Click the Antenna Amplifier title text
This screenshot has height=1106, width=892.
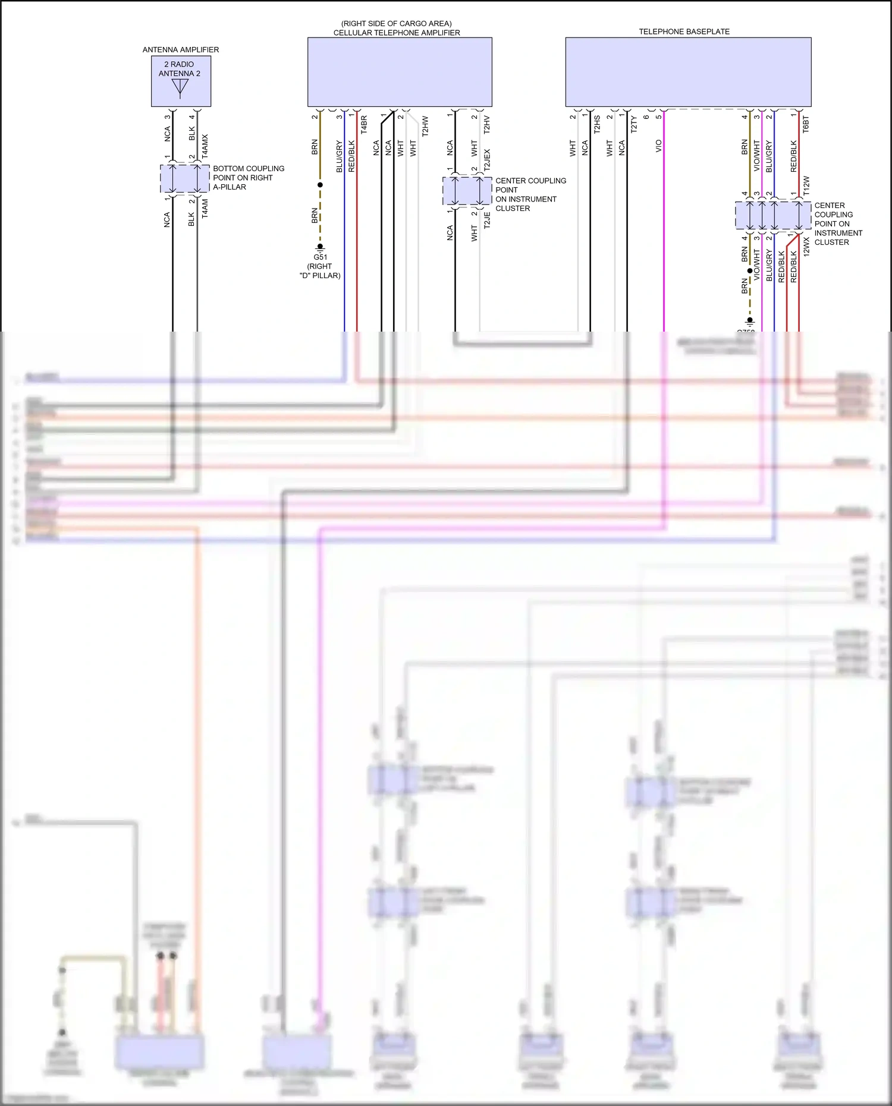click(x=180, y=49)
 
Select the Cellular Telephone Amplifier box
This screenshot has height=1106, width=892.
click(x=399, y=72)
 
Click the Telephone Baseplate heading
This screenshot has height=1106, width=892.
click(x=684, y=31)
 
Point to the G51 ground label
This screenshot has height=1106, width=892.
click(x=320, y=257)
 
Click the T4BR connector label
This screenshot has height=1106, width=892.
click(x=364, y=124)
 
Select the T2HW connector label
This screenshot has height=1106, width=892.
click(x=425, y=126)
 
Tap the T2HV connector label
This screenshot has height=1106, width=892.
click(x=486, y=125)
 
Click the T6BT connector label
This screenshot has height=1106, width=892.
click(x=806, y=125)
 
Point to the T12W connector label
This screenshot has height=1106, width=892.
click(x=806, y=185)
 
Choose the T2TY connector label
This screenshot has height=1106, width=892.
click(x=634, y=125)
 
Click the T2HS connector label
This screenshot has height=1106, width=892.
click(x=597, y=125)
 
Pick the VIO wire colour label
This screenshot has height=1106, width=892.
click(x=658, y=146)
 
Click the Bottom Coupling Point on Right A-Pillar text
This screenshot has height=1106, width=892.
click(x=248, y=178)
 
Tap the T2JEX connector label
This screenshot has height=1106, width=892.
click(x=487, y=160)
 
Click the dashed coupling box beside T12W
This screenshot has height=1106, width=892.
click(x=772, y=215)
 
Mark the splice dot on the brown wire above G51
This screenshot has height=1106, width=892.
click(x=320, y=185)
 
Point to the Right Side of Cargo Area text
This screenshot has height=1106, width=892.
click(x=396, y=24)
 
